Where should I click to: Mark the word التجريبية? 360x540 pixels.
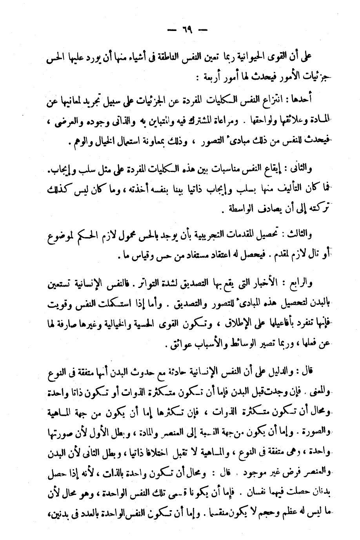click(203, 235)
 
